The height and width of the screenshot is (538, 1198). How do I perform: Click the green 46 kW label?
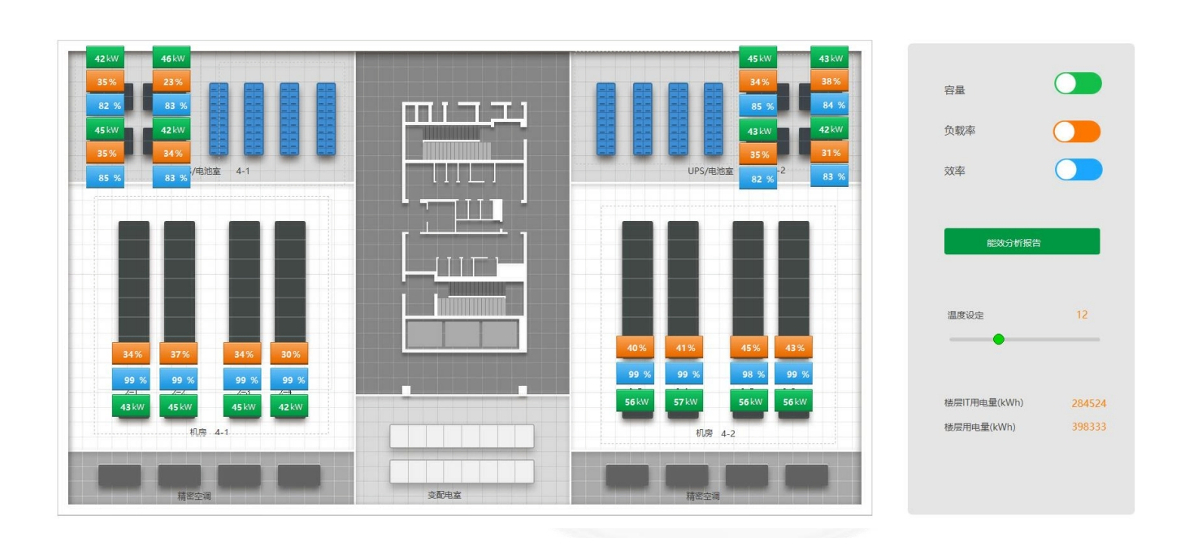[x=171, y=59]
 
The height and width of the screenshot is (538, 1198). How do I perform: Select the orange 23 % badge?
[x=171, y=82]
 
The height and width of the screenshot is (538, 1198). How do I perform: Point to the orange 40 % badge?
[x=636, y=348]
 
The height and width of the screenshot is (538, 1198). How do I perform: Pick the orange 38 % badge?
[x=829, y=81]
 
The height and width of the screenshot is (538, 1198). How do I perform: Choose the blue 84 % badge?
[x=829, y=105]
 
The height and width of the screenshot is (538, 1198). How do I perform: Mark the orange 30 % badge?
[x=289, y=354]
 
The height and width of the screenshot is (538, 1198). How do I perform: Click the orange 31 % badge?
[x=829, y=153]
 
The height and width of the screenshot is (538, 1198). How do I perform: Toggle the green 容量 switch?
[x=1078, y=84]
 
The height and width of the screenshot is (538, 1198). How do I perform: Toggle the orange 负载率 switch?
[x=1077, y=132]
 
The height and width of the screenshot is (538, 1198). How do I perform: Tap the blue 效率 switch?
[x=1079, y=170]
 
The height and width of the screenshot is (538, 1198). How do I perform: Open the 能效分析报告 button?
[x=1022, y=242]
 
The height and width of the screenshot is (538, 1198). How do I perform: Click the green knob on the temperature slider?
[x=999, y=340]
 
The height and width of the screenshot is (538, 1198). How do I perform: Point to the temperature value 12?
[x=1082, y=315]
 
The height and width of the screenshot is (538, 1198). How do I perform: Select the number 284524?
[x=1088, y=403]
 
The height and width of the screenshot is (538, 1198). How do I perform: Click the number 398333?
[x=1088, y=427]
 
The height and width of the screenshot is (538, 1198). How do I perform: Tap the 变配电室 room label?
[x=445, y=495]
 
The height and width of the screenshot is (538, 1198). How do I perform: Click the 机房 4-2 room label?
[x=715, y=433]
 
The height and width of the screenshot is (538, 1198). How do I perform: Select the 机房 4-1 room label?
[x=210, y=432]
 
